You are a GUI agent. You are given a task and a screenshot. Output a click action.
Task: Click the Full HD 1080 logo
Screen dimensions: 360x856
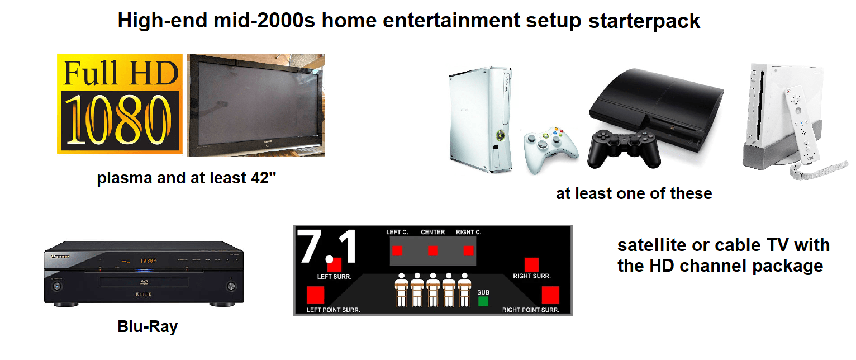click(x=120, y=103)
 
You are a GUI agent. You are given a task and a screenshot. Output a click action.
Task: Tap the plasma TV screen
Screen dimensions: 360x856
click(x=256, y=105)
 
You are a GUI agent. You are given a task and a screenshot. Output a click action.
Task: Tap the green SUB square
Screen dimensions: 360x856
click(x=483, y=301)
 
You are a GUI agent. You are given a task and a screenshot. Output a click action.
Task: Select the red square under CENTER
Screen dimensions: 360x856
click(x=432, y=250)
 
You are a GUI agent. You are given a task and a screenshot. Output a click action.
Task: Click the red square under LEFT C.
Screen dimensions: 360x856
click(x=397, y=250)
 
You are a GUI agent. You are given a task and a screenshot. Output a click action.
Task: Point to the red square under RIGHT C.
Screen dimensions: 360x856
click(x=468, y=250)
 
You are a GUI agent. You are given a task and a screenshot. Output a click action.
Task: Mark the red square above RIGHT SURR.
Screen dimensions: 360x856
click(x=531, y=264)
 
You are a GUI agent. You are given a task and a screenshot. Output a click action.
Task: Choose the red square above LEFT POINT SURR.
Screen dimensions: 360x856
click(x=316, y=295)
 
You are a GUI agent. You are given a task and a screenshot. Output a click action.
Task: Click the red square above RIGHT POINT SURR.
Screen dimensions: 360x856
click(x=550, y=295)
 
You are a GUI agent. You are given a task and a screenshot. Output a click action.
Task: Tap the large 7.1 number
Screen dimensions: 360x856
click(x=328, y=248)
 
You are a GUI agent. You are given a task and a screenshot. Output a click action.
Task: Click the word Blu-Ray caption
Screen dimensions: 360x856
click(x=148, y=326)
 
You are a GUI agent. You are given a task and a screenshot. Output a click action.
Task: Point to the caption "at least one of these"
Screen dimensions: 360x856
click(x=634, y=193)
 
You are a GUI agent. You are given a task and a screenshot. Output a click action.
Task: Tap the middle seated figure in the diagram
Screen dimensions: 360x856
click(x=432, y=289)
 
